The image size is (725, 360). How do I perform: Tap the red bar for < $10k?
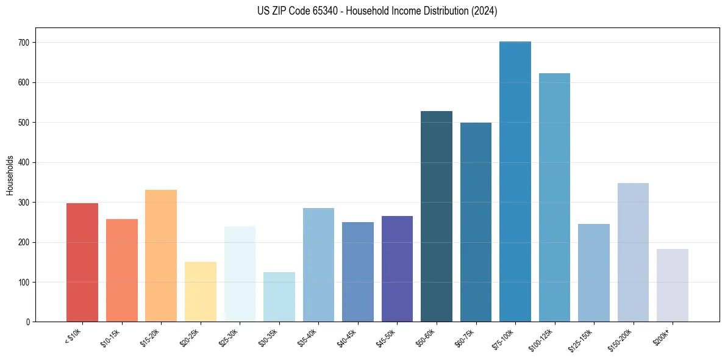pyautogui.click(x=82, y=262)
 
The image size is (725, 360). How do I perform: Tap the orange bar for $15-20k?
pyautogui.click(x=161, y=256)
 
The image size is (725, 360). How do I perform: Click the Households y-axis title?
pyautogui.click(x=10, y=175)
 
